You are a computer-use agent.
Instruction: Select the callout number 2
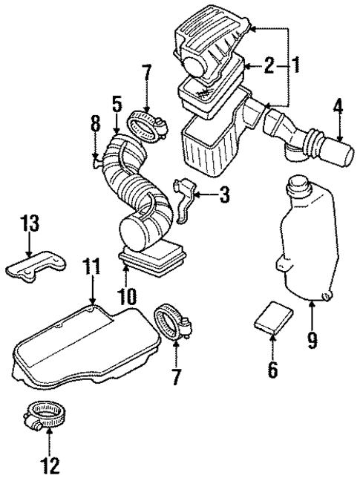269,66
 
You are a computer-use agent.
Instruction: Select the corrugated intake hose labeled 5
136,186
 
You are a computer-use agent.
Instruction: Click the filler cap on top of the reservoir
299,183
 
